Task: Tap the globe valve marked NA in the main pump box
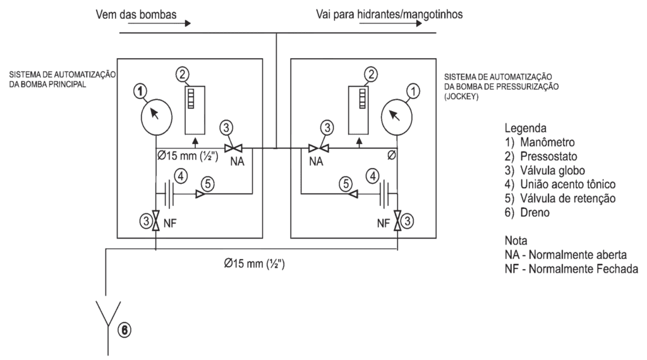click(233, 148)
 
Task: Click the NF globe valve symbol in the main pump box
click(155, 222)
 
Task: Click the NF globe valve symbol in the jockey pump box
click(397, 222)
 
